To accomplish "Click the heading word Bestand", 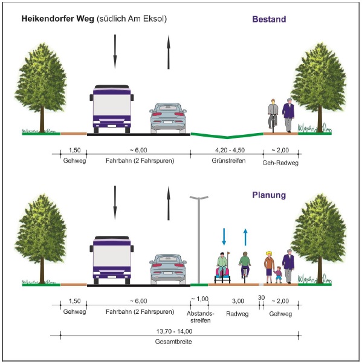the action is coord(269,19).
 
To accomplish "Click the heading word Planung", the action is coord(269,195).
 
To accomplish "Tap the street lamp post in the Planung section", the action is coord(199,240).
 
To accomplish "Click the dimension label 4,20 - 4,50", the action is coord(230,150).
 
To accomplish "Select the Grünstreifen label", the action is coord(228,161).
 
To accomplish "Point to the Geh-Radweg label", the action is coord(280,163).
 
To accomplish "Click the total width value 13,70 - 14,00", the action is coord(174,331).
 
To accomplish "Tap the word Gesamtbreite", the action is coord(173,342).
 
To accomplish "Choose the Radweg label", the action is coord(237,314).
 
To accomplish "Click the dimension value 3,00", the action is coord(238,301).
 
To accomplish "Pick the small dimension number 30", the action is coord(261,297).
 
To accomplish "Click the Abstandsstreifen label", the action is coord(200,317).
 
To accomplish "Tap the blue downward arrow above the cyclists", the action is coord(224,237).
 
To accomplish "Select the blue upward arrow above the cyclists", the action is coord(245,237).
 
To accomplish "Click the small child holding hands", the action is coord(279,275).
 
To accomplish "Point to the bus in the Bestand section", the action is coord(112,109).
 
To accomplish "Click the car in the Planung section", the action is coord(168,269).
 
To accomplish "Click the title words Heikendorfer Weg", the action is coord(58,19).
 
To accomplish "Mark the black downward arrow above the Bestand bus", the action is coord(115,52).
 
